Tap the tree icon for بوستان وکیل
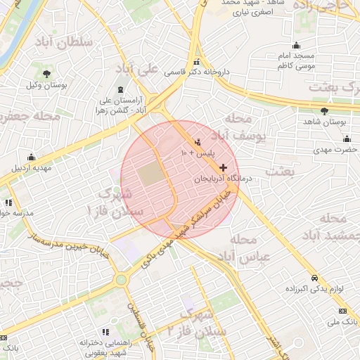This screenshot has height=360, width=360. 46,74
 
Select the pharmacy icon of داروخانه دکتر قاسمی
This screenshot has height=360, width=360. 197,61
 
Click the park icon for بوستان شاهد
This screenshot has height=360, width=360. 323,111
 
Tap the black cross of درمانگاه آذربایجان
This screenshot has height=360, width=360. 224,167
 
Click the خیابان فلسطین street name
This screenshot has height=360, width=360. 139,323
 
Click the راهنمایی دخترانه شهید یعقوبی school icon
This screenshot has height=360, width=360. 105,331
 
